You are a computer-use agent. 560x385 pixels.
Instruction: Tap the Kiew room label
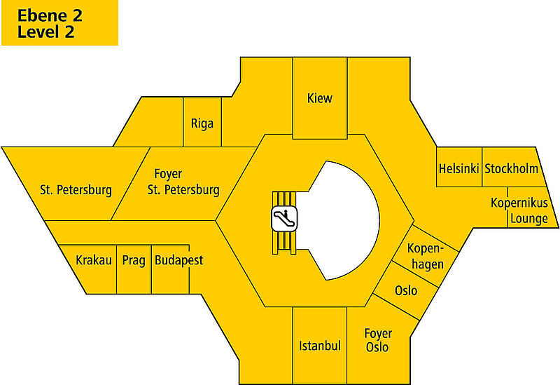click(320, 98)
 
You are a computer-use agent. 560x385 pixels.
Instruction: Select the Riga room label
click(202, 123)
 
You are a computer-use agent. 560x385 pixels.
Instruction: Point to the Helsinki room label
click(458, 168)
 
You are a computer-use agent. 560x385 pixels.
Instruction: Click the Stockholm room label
click(511, 168)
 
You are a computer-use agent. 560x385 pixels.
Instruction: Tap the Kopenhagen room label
click(426, 257)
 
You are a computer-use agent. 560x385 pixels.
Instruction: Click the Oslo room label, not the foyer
click(406, 290)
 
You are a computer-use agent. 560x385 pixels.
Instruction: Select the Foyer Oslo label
click(378, 340)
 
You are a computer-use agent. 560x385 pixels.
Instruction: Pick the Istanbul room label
click(319, 346)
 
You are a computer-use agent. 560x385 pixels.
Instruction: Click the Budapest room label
click(178, 260)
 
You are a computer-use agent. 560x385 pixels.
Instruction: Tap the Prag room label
click(134, 260)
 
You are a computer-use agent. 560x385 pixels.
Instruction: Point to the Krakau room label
click(94, 260)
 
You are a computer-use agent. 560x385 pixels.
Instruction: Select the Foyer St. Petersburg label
click(183, 182)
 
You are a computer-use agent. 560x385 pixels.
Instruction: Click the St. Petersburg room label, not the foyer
click(76, 189)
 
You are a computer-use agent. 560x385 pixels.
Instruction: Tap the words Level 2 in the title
click(46, 32)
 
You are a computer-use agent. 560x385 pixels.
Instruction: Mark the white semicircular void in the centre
click(346, 217)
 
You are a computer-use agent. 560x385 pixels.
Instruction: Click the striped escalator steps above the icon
click(285, 198)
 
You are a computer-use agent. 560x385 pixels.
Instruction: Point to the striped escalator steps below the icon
click(285, 242)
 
